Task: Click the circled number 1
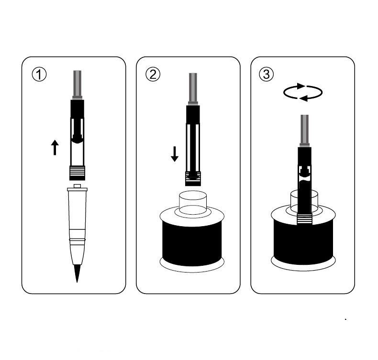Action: click(39, 75)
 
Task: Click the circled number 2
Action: click(153, 75)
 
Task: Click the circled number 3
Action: click(267, 75)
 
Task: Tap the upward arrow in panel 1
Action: click(55, 147)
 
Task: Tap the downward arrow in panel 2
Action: click(175, 154)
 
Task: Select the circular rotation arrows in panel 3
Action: click(303, 92)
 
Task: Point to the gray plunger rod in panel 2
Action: click(193, 89)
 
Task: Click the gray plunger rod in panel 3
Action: click(304, 131)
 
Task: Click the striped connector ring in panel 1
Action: click(77, 173)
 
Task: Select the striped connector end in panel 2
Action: click(193, 179)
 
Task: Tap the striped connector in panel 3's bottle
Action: click(304, 218)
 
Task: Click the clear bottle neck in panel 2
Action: click(193, 203)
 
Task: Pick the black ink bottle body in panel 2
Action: click(192, 243)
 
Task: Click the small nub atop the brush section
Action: click(77, 186)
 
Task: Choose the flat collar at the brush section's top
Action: click(77, 189)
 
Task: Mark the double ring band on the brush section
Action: click(77, 240)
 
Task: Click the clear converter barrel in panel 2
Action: click(193, 148)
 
